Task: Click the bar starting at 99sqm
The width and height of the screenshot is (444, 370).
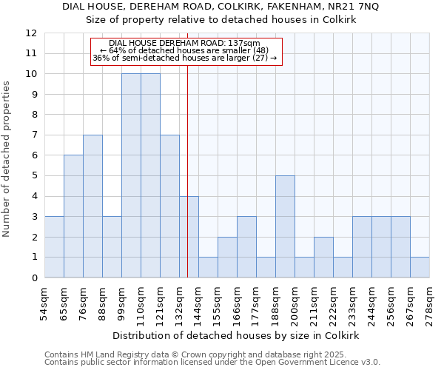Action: [131, 176]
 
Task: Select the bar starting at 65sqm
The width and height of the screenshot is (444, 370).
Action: [73, 216]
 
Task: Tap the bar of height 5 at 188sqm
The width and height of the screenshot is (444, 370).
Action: [285, 226]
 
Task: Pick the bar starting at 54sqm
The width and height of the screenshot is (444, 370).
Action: [54, 247]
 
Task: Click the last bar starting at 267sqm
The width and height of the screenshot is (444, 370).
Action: [420, 267]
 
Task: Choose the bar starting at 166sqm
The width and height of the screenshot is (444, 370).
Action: [246, 247]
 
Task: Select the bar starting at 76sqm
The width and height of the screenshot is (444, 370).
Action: [92, 206]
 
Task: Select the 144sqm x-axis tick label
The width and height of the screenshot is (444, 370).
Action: [199, 302]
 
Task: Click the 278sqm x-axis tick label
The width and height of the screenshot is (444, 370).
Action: [430, 302]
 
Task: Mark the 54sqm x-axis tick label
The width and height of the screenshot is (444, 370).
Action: [45, 302]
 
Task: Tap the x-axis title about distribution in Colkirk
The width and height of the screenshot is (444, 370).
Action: [237, 335]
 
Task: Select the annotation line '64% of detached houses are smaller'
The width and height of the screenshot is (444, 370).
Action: [184, 50]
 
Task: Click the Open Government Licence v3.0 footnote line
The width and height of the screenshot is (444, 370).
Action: [212, 363]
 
